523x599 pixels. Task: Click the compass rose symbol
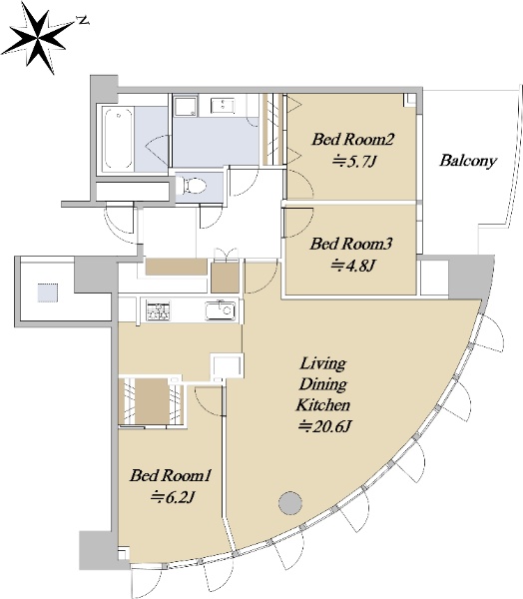click(x=38, y=38)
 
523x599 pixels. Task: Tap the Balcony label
click(x=468, y=160)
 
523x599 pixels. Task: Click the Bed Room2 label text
click(x=352, y=139)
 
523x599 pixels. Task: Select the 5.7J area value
click(x=354, y=162)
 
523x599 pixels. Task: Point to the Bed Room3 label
click(x=350, y=244)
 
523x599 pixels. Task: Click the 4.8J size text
click(x=352, y=266)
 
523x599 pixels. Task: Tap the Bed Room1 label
click(x=170, y=475)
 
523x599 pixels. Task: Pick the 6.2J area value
click(x=173, y=497)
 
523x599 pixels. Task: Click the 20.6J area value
click(x=324, y=426)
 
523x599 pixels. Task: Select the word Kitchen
click(x=322, y=405)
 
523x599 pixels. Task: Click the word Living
click(x=322, y=363)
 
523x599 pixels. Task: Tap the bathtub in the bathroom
click(x=119, y=139)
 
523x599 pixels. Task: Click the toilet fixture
click(x=193, y=186)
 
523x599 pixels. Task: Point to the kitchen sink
click(x=221, y=310)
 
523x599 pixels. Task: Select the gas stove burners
click(x=158, y=309)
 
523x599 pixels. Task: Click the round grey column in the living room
click(x=290, y=503)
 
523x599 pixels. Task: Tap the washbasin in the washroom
click(x=223, y=106)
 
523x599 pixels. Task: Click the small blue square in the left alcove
click(x=48, y=293)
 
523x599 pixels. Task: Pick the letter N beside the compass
click(x=83, y=20)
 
